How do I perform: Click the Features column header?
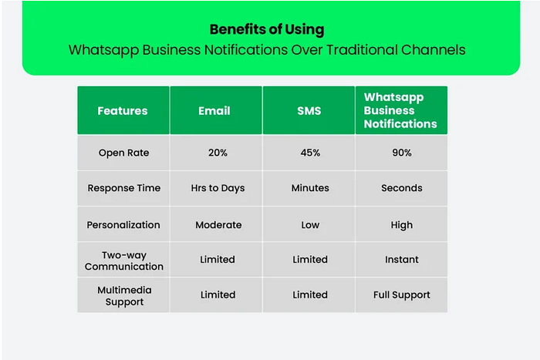pyautogui.click(x=123, y=111)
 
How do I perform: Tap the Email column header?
pyautogui.click(x=214, y=111)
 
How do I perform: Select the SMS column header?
pyautogui.click(x=309, y=111)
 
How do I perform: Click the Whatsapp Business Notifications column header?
pyautogui.click(x=400, y=110)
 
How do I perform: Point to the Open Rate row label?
pyautogui.click(x=124, y=153)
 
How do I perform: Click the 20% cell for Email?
pyautogui.click(x=218, y=153)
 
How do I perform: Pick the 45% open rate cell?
pyautogui.click(x=310, y=153)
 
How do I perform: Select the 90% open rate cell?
pyautogui.click(x=402, y=153)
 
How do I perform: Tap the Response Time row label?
pyautogui.click(x=124, y=188)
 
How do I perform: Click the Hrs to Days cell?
pyautogui.click(x=218, y=188)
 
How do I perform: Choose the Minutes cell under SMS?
pyautogui.click(x=310, y=188)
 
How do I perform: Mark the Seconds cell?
pyautogui.click(x=402, y=188)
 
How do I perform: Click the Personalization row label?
pyautogui.click(x=123, y=225)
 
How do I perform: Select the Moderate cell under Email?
pyautogui.click(x=218, y=225)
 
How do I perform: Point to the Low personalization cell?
pyautogui.click(x=310, y=225)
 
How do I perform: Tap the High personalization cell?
pyautogui.click(x=402, y=225)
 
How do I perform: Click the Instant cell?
pyautogui.click(x=402, y=260)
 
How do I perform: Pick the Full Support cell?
pyautogui.click(x=402, y=295)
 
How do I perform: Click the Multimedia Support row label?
pyautogui.click(x=124, y=296)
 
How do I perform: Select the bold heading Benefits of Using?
pyautogui.click(x=267, y=29)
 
